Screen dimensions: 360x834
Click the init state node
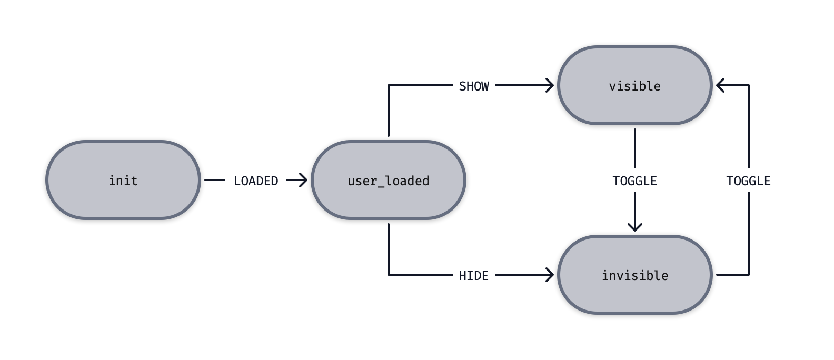[123, 180]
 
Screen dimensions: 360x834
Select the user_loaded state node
[389, 180]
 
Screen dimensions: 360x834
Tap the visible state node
[634, 85]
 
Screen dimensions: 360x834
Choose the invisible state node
[634, 275]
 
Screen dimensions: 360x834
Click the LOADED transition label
[256, 181]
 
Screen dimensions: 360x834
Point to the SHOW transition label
[474, 86]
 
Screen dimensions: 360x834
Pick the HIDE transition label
[474, 275]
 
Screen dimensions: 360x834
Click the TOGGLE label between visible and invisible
[634, 181]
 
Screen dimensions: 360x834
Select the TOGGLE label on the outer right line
[748, 181]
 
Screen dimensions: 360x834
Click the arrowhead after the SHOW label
[550, 85]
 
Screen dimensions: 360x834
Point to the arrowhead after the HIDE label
[550, 275]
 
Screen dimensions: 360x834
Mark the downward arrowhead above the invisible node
[635, 227]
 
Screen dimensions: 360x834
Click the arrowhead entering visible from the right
[720, 85]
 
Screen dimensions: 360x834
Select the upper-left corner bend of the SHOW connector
[389, 85]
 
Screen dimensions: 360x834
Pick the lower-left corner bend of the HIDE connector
[389, 274]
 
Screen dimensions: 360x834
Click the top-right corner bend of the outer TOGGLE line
[748, 85]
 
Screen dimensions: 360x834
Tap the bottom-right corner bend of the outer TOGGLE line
[748, 274]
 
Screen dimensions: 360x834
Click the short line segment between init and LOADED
[214, 180]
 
